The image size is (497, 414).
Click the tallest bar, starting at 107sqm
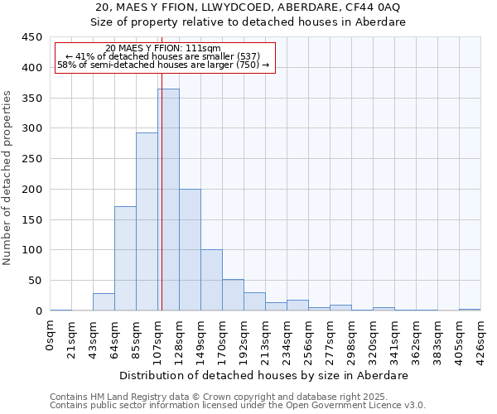(x=168, y=200)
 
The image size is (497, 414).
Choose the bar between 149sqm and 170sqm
(x=211, y=280)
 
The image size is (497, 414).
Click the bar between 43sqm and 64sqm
(x=104, y=302)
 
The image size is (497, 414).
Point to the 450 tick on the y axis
(x=32, y=37)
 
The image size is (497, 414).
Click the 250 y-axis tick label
(x=32, y=159)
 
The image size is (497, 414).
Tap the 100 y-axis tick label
(x=32, y=250)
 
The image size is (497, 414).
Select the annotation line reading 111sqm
(x=164, y=49)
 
